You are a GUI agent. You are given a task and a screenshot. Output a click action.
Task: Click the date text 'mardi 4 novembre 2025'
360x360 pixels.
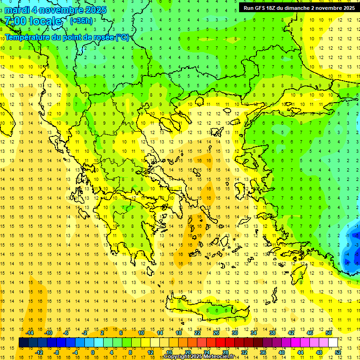click(55, 10)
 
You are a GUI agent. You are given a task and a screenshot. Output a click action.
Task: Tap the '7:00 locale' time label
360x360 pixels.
click(33, 21)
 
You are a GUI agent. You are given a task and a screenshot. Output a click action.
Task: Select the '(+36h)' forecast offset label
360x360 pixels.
click(81, 21)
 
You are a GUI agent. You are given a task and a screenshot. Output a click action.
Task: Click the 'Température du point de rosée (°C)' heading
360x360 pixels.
click(67, 37)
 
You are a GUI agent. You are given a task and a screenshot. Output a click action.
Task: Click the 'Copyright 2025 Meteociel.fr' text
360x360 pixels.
click(205, 357)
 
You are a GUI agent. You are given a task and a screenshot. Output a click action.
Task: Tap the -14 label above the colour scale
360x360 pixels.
click(30, 333)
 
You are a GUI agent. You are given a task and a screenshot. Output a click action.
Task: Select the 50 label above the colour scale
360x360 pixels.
click(328, 333)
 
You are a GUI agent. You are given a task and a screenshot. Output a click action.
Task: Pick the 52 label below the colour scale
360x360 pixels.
click(337, 352)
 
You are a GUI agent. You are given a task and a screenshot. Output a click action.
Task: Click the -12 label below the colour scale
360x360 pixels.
click(40, 352)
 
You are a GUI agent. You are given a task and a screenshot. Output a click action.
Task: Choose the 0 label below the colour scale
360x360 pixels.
click(92, 352)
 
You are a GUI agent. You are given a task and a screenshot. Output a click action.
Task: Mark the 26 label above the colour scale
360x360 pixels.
click(216, 333)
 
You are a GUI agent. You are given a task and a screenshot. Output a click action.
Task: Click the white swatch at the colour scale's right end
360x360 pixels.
click(333, 343)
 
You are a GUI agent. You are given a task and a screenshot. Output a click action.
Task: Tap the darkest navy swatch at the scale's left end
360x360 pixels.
click(23, 343)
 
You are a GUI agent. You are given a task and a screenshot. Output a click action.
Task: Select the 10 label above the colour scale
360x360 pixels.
click(141, 333)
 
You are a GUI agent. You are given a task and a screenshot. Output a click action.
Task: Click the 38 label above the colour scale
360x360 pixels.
click(272, 333)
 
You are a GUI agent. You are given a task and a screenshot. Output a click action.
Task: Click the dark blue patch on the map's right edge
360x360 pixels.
click(350, 248)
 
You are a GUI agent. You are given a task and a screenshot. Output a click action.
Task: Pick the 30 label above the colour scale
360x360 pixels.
click(235, 333)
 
